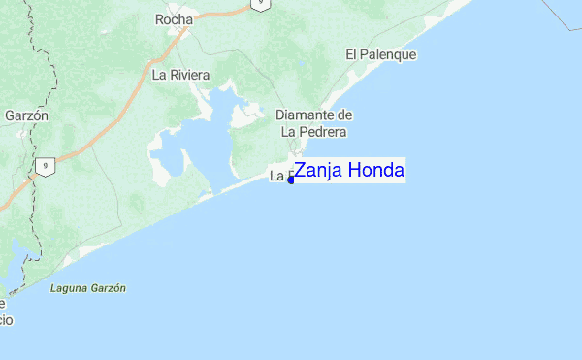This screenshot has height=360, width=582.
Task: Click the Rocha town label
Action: coord(174,18)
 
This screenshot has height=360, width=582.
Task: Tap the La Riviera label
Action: coord(180,74)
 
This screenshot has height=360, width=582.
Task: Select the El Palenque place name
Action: coord(380,55)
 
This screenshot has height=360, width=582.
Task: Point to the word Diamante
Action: coord(305,115)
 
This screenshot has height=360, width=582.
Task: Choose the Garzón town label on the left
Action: coord(26,115)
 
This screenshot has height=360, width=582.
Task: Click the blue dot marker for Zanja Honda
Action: coord(291,180)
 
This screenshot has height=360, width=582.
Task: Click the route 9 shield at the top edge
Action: coord(259,4)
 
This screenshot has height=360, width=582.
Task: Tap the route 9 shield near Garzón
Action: coord(44,166)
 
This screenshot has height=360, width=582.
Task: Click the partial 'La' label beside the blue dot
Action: coord(278,177)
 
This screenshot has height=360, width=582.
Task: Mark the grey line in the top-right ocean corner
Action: coord(562,11)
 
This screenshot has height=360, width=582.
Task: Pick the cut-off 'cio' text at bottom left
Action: coord(6,319)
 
